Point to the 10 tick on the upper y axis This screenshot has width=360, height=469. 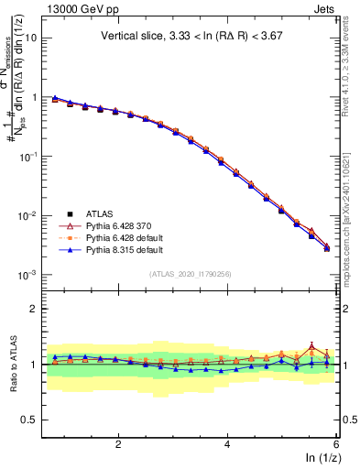29,38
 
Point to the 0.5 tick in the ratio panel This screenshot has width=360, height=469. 27,420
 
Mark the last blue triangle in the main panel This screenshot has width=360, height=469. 327,249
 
